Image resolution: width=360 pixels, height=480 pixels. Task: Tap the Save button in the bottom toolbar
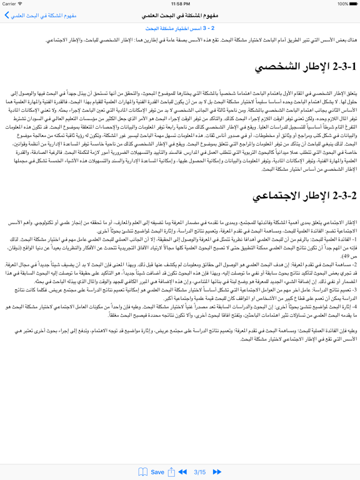(157, 472)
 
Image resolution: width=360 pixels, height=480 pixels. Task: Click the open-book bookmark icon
(143, 472)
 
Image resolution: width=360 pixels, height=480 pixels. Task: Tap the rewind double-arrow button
(182, 472)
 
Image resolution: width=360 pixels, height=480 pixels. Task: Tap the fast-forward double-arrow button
(217, 472)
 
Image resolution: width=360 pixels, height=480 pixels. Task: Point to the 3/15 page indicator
(200, 472)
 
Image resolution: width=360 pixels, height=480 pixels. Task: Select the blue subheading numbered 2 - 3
(180, 29)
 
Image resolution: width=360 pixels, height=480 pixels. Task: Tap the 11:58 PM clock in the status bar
(180, 3)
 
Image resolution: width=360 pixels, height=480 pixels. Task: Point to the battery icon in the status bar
(351, 3)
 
